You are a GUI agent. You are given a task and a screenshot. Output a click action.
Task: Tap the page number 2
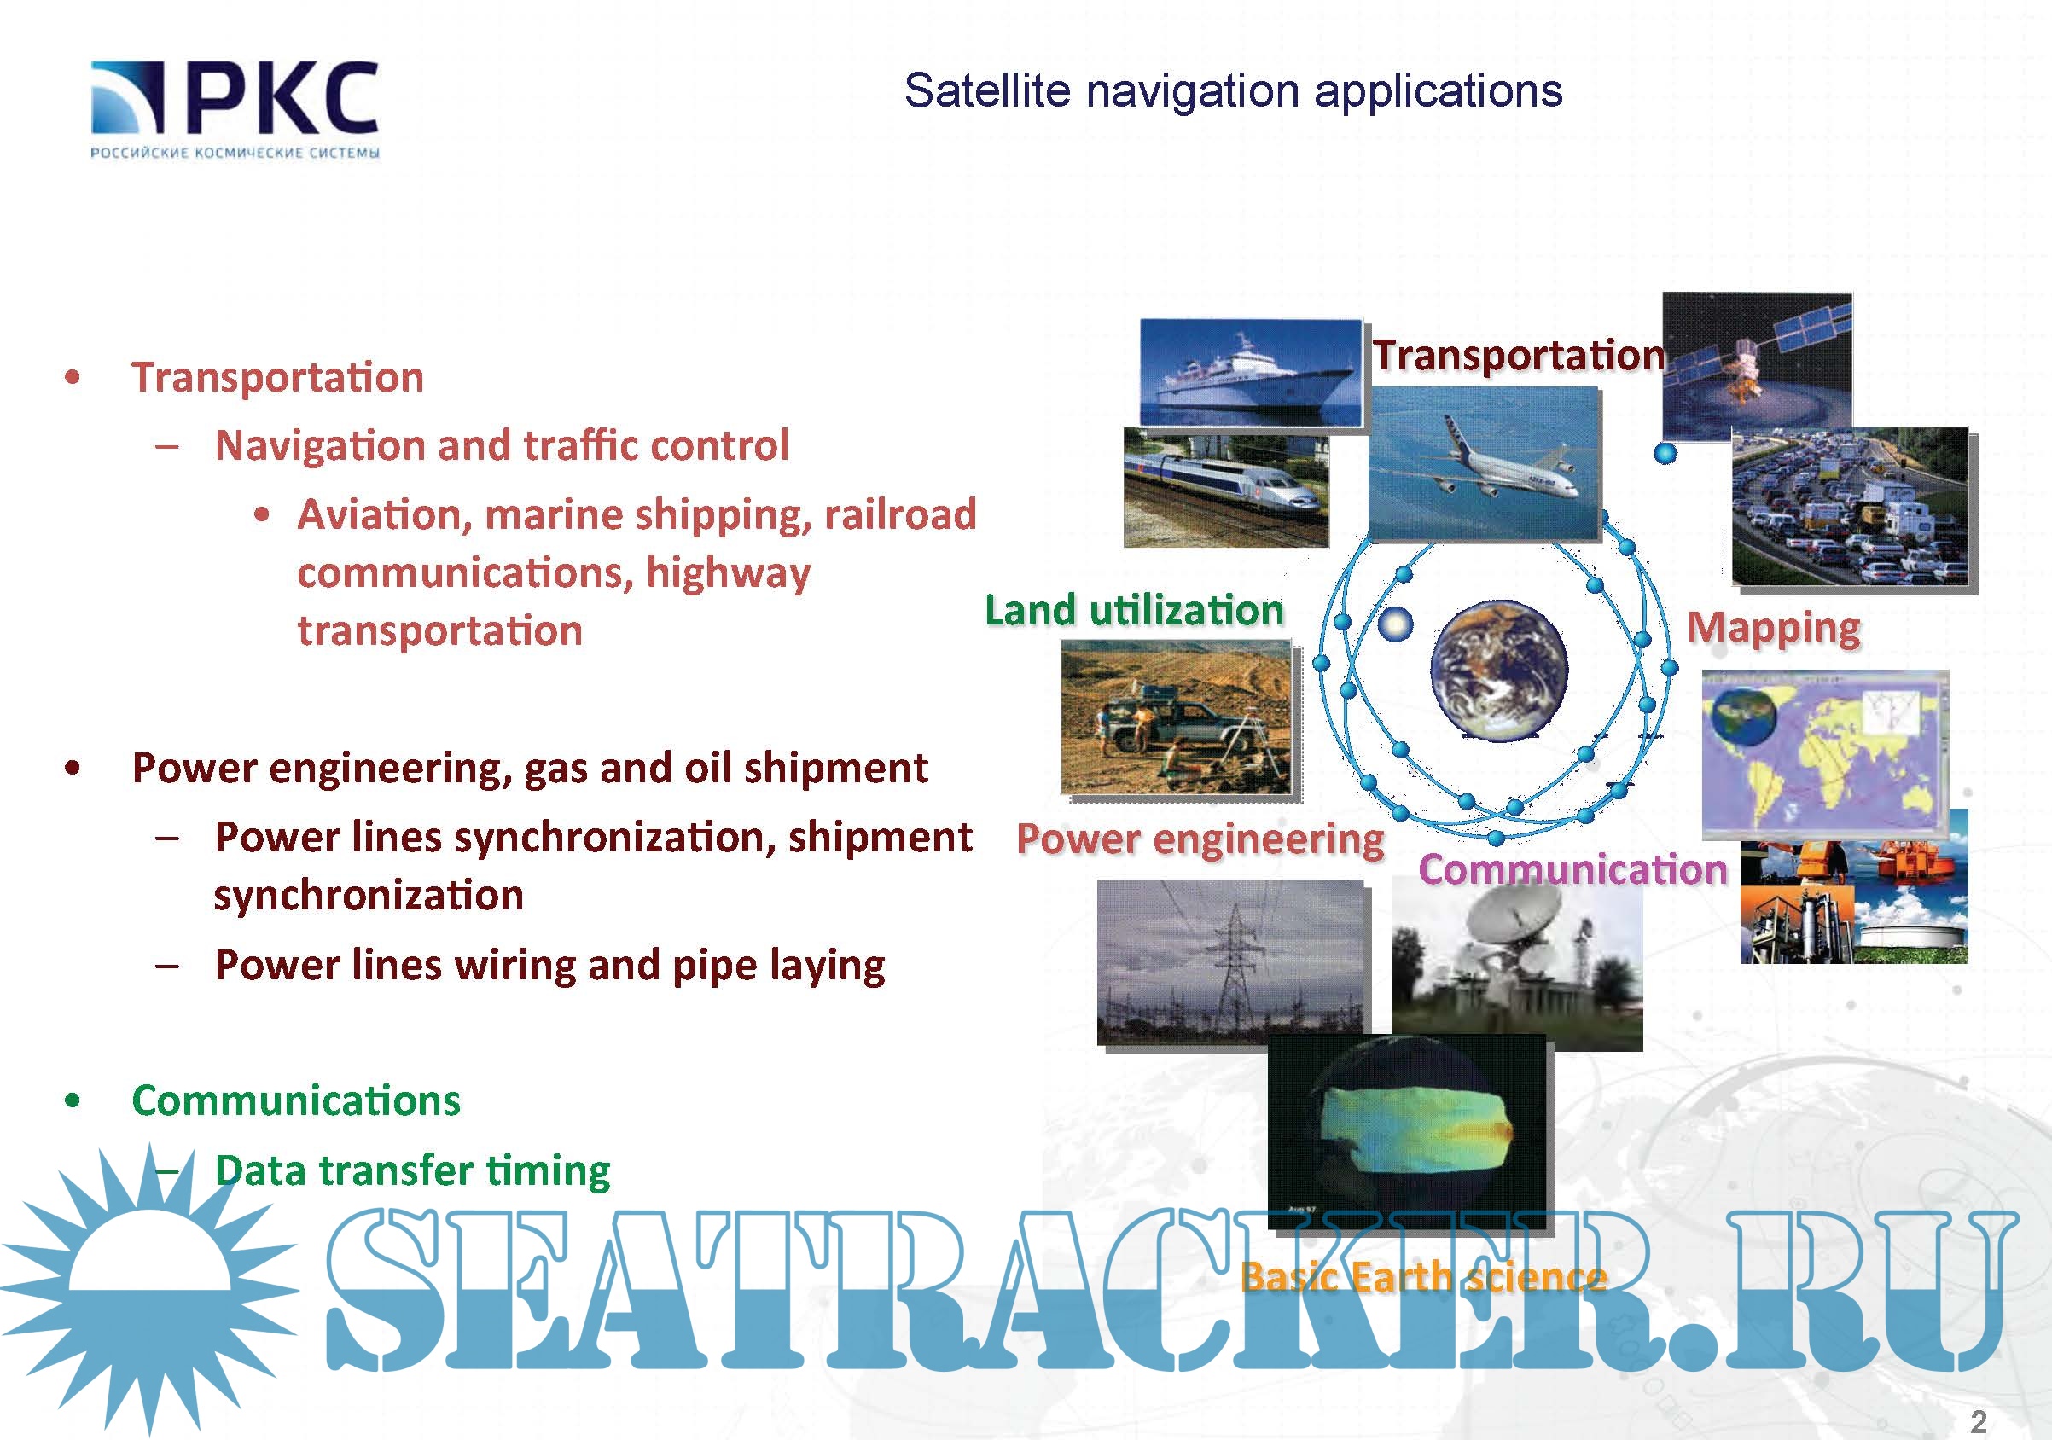[x=1979, y=1421]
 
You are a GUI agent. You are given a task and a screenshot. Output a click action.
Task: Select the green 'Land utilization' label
[x=1134, y=611]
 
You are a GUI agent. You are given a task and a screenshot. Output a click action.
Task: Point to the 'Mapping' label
[x=1774, y=630]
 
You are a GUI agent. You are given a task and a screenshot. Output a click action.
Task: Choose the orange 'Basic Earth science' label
[x=1425, y=1277]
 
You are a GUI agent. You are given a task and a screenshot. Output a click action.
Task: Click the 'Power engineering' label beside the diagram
[x=1200, y=840]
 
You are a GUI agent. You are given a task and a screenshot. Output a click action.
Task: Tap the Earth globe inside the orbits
[x=1499, y=671]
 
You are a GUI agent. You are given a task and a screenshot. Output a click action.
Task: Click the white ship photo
[x=1251, y=372]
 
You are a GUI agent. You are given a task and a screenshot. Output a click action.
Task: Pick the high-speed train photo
[x=1226, y=487]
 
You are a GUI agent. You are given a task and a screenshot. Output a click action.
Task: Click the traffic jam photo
[x=1850, y=507]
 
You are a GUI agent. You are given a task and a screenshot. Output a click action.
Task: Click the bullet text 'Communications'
[x=297, y=1100]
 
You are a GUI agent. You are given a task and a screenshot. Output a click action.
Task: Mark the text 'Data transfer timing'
[x=413, y=1171]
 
